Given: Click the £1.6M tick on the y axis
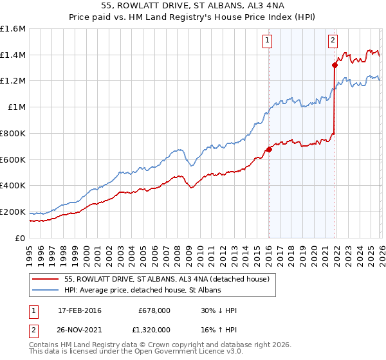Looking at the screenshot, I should pos(14,29).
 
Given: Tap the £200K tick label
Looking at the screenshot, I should pos(14,212).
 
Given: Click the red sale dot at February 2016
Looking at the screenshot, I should pos(269,150).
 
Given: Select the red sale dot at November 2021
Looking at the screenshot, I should pos(335,65).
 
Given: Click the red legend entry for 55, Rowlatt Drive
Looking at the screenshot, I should pos(170,279).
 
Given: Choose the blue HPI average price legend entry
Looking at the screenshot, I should pos(142,291).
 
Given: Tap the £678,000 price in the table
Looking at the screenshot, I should pos(154,310).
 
